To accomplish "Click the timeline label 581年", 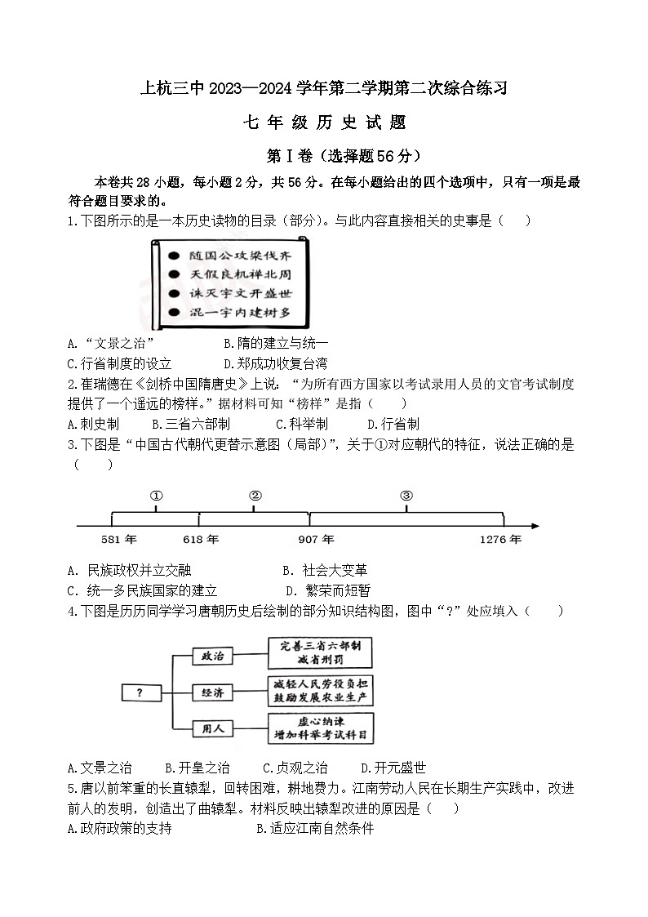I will click(119, 540).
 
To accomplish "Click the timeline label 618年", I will click(201, 540).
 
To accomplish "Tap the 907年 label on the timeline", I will click(316, 540).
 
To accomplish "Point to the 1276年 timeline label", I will click(500, 540).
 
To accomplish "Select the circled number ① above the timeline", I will click(157, 496).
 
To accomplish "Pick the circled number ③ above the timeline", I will click(406, 496).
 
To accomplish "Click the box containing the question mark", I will click(140, 692).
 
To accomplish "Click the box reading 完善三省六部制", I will click(320, 653).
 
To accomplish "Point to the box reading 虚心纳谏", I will click(320, 728).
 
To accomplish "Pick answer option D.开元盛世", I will click(393, 768).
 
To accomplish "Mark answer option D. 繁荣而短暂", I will click(327, 590).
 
